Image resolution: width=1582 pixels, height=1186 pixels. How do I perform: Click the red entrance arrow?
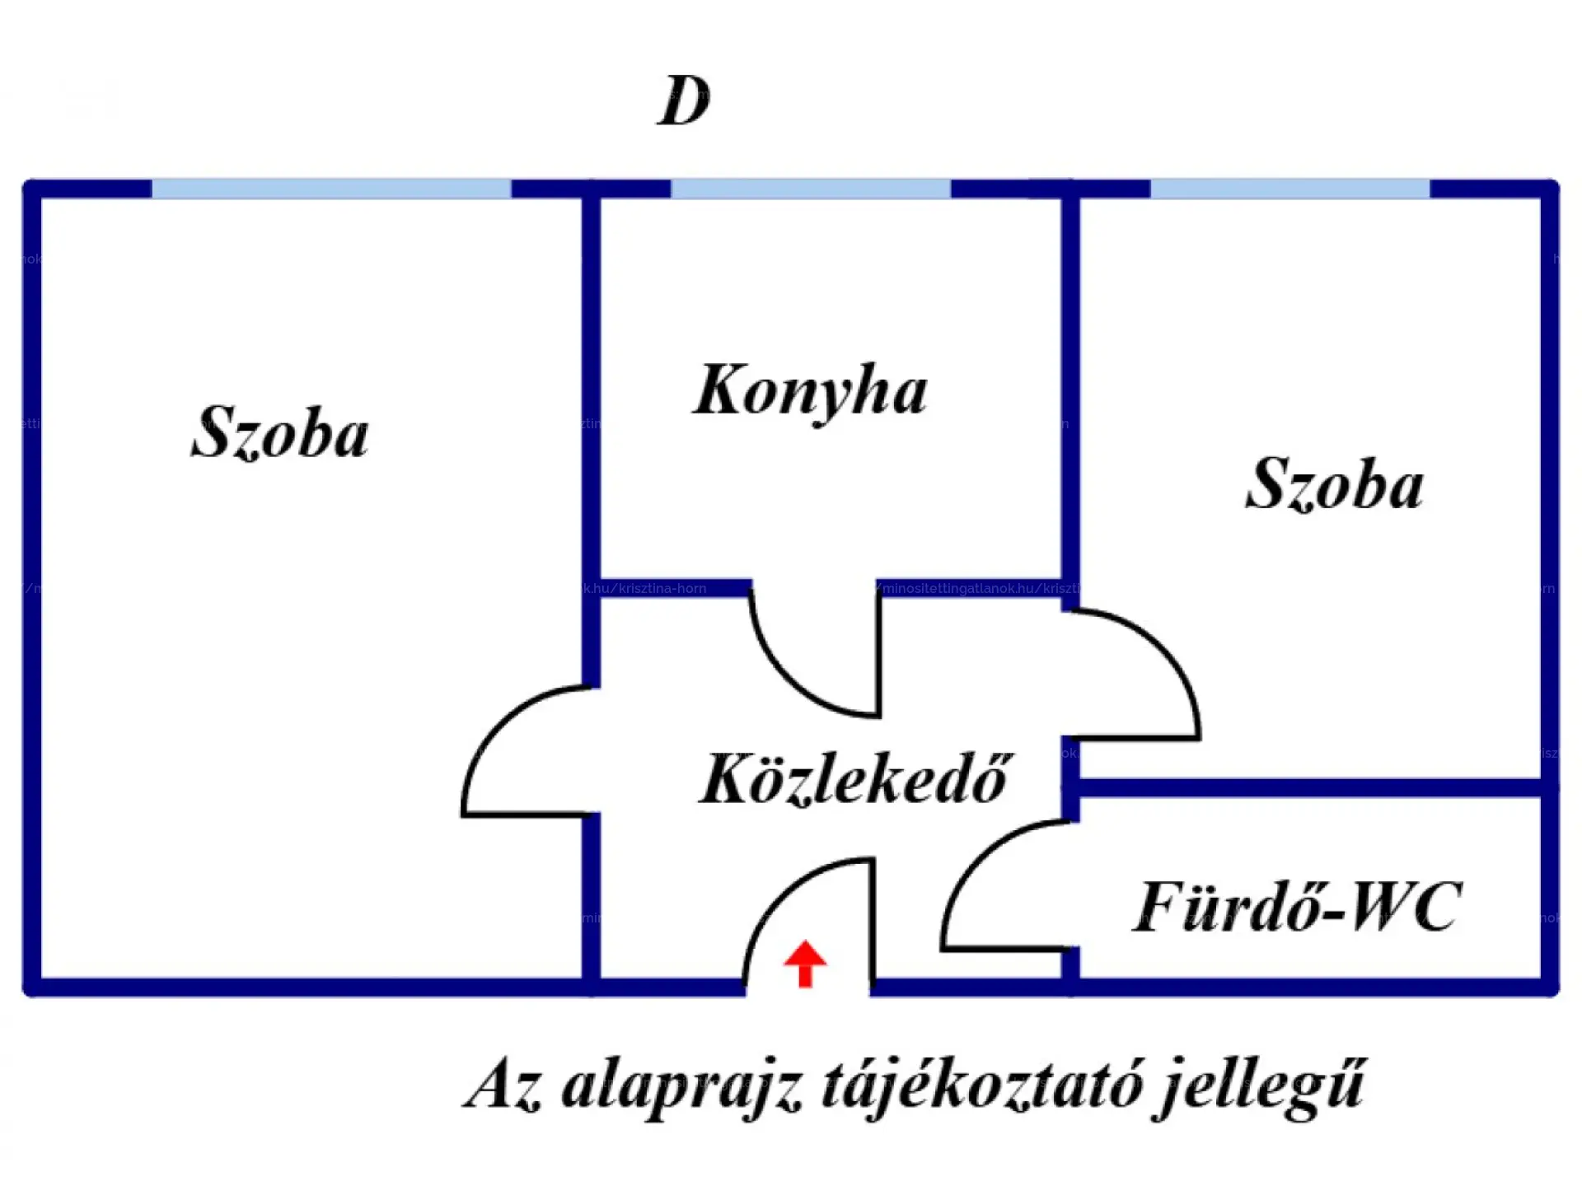point(805,963)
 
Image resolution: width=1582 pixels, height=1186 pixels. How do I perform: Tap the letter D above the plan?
point(683,101)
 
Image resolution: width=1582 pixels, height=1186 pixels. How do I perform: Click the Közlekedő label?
point(854,778)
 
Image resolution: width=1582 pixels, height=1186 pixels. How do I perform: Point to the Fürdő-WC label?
point(1297,907)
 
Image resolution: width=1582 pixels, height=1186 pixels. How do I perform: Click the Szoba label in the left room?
point(279,432)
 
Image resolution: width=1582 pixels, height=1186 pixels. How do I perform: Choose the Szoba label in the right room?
point(1334,484)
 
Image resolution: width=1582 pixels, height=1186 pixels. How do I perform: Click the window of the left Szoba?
point(331,189)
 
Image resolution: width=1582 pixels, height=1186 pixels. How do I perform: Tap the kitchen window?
point(811,189)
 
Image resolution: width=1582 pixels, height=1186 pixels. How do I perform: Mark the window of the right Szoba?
point(1289,189)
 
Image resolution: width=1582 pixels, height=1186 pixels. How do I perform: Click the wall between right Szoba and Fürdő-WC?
point(1310,788)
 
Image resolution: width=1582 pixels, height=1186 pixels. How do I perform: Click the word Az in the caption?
point(503,1086)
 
